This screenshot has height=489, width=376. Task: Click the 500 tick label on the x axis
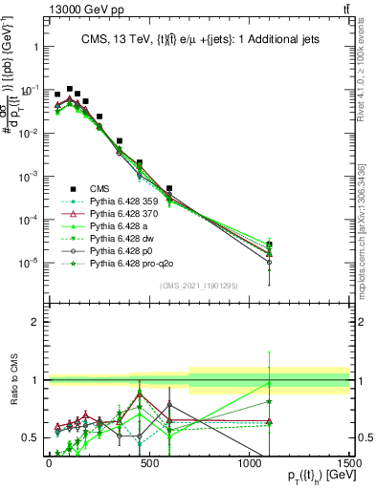tap(148, 463)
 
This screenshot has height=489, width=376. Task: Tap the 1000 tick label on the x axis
tap(249, 463)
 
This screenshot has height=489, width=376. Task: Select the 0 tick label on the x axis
tap(49, 463)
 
